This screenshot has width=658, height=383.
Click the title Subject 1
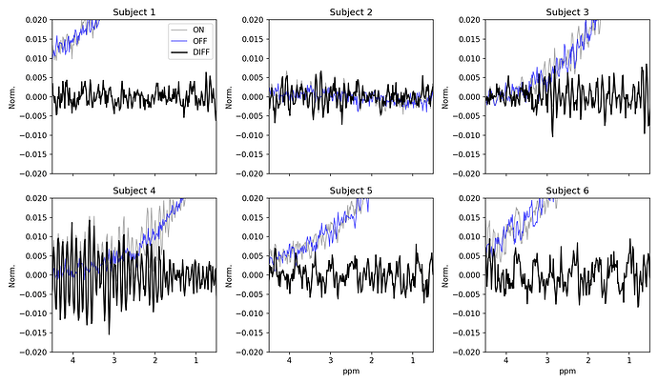point(134,12)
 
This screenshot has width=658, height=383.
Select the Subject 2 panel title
point(351,12)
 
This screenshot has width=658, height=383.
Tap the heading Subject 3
point(567,12)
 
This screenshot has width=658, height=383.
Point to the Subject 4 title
point(134,191)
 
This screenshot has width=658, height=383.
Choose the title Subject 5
point(351,191)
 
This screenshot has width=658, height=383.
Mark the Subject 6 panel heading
point(567,191)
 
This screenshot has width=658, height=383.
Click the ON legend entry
point(198,30)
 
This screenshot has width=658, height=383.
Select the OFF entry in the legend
point(199,41)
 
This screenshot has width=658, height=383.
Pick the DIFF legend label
point(201,52)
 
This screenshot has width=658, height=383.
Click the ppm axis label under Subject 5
point(351,372)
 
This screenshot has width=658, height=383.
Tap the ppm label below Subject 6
point(567,372)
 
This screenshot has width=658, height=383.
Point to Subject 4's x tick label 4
point(72,360)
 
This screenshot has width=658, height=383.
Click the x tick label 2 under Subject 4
point(154,360)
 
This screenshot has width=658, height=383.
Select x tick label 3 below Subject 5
point(330,360)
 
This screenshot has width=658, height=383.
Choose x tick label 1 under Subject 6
point(629,360)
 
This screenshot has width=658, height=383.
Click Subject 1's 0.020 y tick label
point(37,20)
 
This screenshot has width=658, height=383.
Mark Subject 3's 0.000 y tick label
point(470,97)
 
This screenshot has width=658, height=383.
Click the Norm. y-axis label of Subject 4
point(12,275)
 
